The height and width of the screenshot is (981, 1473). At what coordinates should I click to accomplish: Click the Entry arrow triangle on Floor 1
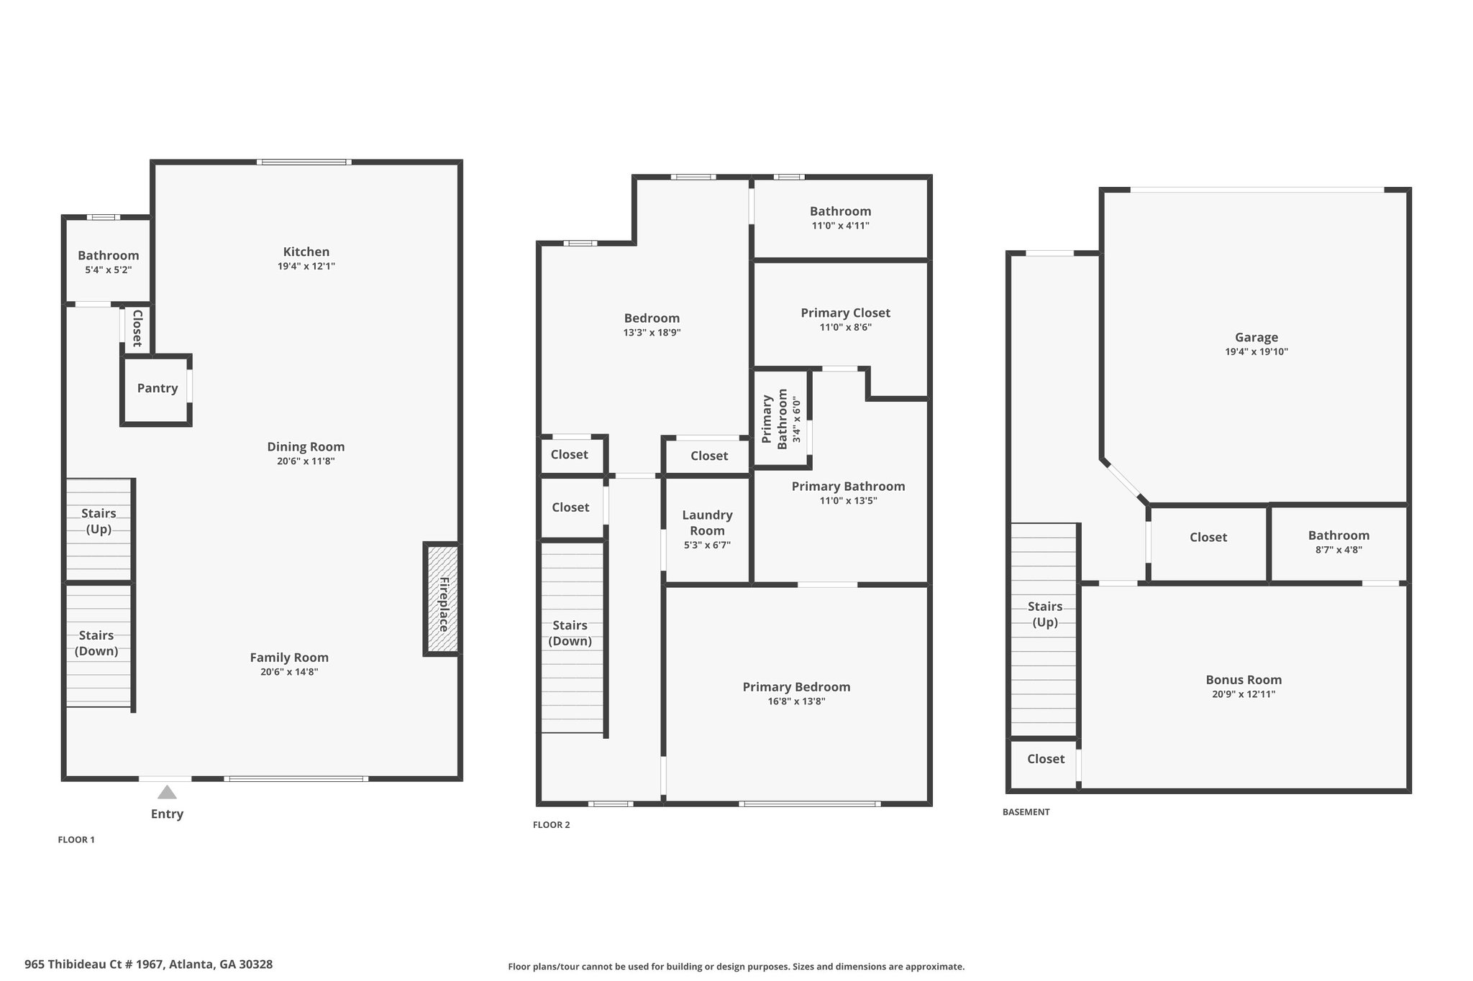[167, 792]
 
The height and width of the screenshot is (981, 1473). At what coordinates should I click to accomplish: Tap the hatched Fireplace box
[442, 599]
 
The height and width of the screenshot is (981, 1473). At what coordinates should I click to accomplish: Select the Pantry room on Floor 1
[157, 389]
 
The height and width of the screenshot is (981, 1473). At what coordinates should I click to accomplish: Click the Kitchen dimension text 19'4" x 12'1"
[306, 267]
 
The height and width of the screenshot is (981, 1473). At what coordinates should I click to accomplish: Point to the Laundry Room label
[707, 522]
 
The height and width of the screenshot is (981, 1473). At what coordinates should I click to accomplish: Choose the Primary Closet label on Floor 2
[845, 313]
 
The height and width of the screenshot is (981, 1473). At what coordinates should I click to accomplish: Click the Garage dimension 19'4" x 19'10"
[1256, 352]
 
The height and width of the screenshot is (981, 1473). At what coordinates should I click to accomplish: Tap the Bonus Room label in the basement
[1243, 680]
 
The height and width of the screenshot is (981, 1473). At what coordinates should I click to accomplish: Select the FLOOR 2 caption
[551, 825]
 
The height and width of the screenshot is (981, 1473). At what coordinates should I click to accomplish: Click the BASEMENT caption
[1026, 812]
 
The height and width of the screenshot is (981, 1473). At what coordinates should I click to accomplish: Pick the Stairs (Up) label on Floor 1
[99, 521]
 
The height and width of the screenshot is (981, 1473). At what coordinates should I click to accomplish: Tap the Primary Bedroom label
[796, 687]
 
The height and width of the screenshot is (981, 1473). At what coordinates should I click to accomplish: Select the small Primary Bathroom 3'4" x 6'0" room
[780, 418]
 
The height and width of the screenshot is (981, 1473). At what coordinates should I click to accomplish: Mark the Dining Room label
[306, 447]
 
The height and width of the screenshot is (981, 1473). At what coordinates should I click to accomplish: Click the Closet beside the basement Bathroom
[1208, 538]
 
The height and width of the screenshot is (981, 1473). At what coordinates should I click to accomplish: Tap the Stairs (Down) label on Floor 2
[570, 633]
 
